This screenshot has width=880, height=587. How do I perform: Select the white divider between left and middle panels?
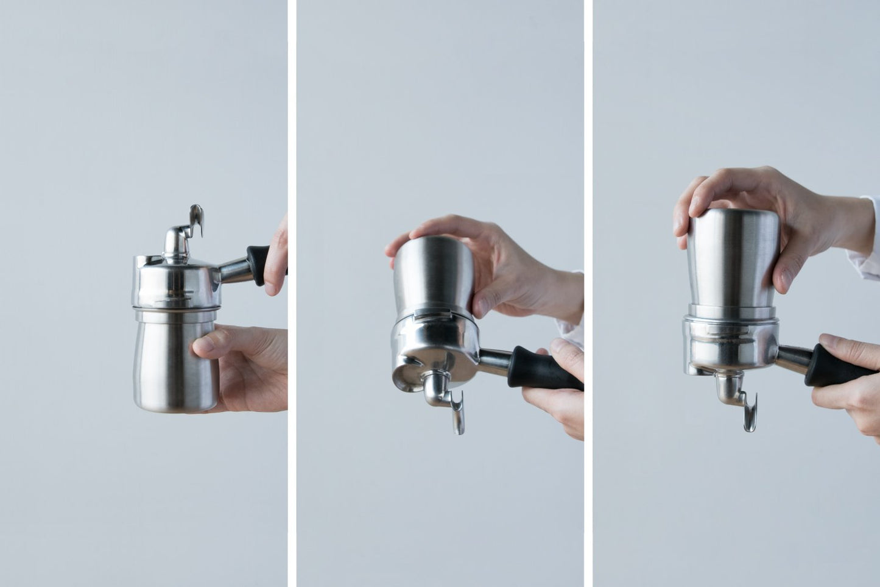point(292,293)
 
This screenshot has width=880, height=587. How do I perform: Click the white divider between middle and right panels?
point(588,293)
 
